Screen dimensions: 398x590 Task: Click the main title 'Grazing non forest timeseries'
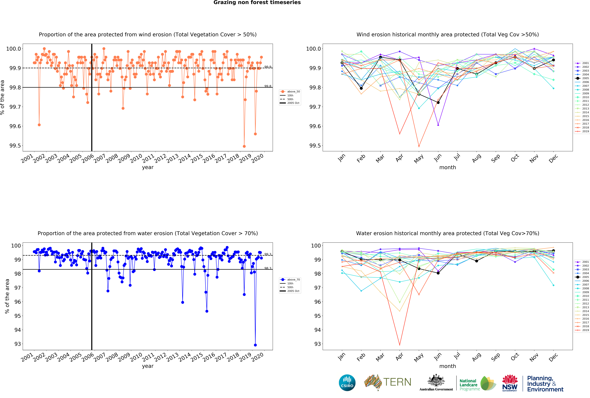click(x=257, y=3)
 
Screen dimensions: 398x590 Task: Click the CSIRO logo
click(x=347, y=383)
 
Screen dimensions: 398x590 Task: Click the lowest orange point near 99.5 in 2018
click(x=244, y=146)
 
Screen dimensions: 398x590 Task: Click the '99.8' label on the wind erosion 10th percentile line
click(x=268, y=86)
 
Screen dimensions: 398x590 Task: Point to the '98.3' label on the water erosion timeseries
click(x=268, y=268)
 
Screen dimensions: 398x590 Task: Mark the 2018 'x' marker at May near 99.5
click(x=419, y=146)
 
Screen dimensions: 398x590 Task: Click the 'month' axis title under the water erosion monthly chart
click(x=448, y=366)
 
